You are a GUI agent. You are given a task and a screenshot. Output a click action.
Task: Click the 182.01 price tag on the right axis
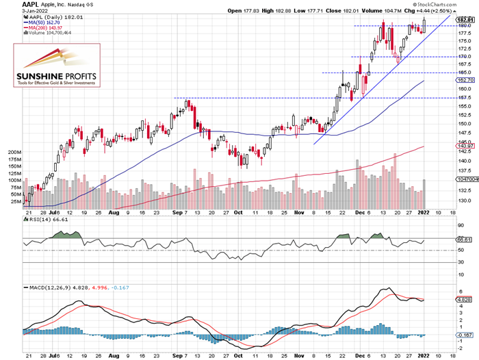click(x=465, y=19)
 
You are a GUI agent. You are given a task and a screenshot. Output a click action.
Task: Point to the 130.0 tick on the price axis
click(x=463, y=201)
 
